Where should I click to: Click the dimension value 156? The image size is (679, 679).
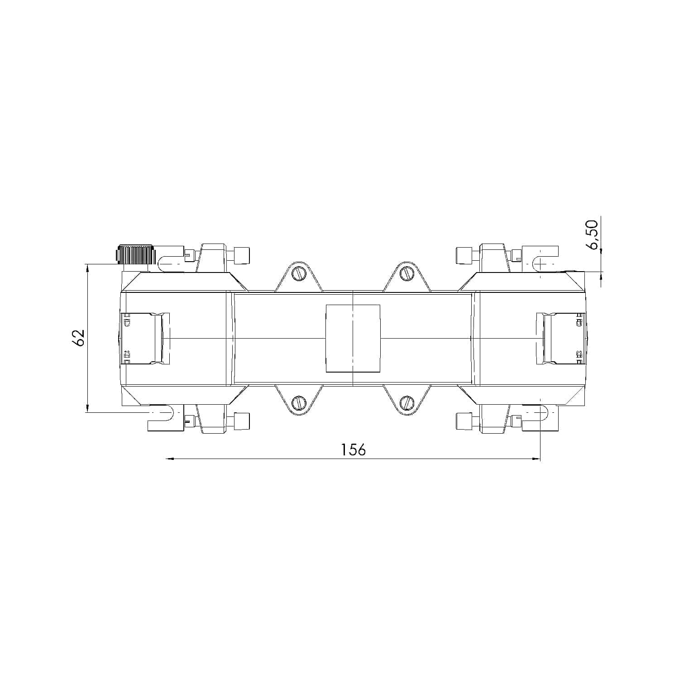click(353, 449)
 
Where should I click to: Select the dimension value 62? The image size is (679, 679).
click(78, 338)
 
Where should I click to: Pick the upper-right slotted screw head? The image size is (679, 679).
click(407, 273)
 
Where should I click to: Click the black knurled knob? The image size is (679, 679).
click(135, 254)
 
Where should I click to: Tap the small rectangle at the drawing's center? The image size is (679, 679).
click(353, 338)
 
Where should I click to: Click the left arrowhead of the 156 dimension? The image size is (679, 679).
click(170, 459)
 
